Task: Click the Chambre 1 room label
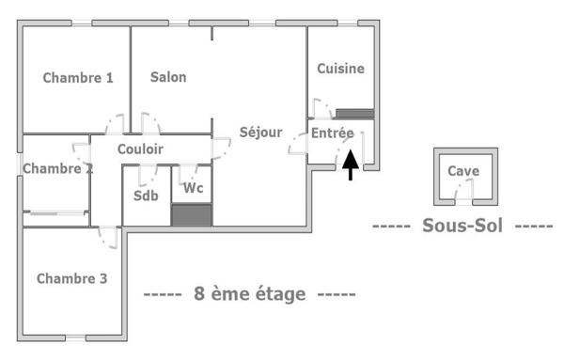(x=78, y=78)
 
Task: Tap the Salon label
(x=168, y=77)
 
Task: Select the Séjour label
(x=260, y=133)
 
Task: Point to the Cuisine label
(x=340, y=69)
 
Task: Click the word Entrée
(x=333, y=134)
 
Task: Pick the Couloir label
(x=141, y=149)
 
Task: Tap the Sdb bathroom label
(x=146, y=196)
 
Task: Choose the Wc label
(x=194, y=188)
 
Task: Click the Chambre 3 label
(x=71, y=278)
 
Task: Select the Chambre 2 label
(x=57, y=169)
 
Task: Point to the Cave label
(x=463, y=171)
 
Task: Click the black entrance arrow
(x=350, y=164)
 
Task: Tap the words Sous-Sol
(x=462, y=226)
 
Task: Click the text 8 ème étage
(x=249, y=294)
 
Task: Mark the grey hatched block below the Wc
(x=192, y=215)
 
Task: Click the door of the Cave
(x=463, y=193)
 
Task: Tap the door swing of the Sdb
(x=147, y=175)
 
